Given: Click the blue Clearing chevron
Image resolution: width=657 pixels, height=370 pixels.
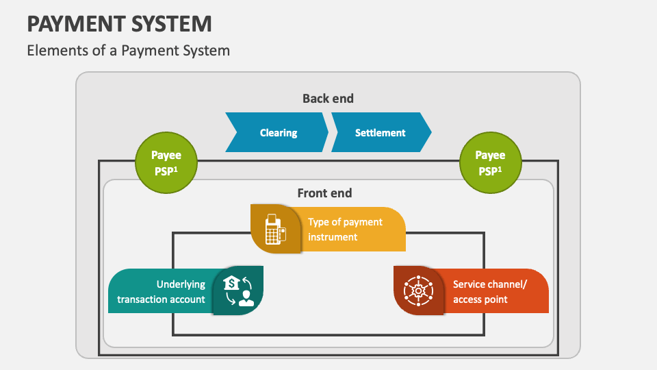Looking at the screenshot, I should click(277, 133).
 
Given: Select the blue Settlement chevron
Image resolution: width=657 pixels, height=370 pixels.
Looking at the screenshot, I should click(381, 133).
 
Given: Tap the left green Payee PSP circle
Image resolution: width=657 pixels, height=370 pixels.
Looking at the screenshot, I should click(166, 163).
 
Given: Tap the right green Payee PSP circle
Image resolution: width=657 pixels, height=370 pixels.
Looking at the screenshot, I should click(490, 163).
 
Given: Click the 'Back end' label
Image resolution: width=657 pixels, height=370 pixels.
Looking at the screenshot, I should click(328, 99).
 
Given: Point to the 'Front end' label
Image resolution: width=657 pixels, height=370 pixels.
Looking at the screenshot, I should click(324, 193).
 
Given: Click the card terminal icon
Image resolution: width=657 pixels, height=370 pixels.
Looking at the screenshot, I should click(275, 229).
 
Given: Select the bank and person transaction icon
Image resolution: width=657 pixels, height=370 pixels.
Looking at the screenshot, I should click(238, 291).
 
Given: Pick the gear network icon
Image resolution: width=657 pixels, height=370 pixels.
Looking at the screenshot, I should click(418, 291).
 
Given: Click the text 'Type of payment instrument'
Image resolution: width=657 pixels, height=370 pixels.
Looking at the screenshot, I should click(345, 230).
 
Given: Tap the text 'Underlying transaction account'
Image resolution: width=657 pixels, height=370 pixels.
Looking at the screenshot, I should click(162, 291).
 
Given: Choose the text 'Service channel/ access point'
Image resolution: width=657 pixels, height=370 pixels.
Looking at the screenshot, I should click(490, 291).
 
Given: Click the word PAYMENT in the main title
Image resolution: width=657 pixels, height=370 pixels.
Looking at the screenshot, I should click(67, 24).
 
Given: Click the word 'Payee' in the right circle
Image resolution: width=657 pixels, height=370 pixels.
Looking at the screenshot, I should click(490, 156).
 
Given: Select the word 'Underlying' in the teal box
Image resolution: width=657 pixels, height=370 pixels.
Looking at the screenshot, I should click(181, 284).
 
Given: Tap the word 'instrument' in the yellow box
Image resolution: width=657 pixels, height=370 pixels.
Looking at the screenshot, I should click(333, 237).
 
